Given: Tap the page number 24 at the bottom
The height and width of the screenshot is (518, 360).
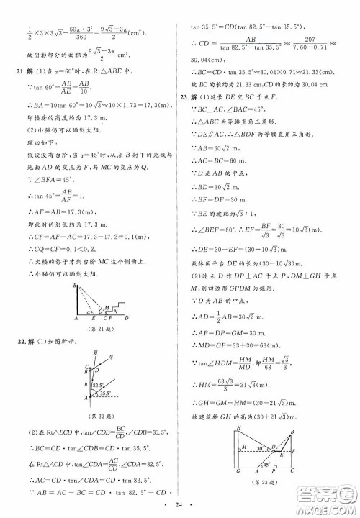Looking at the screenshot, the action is [x=180, y=506].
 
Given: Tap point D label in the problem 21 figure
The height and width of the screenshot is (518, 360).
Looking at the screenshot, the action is [x=127, y=317].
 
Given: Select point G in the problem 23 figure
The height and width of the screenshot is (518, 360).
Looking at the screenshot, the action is [x=237, y=492].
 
